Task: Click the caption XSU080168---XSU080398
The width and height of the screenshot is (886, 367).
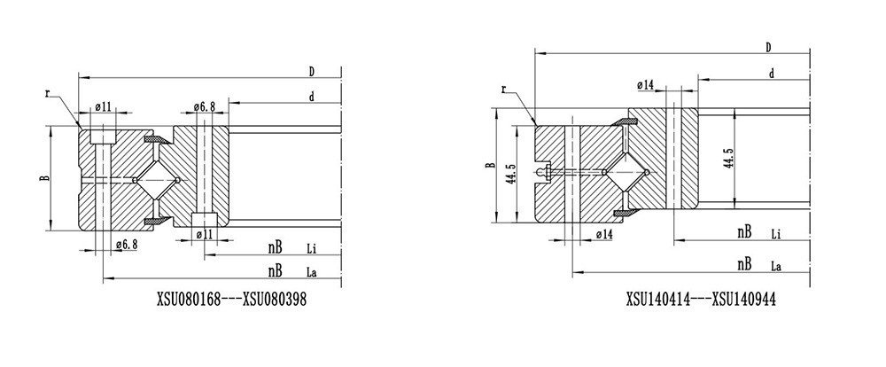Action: [x=231, y=299]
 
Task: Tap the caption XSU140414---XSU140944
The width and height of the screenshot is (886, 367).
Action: [x=701, y=299]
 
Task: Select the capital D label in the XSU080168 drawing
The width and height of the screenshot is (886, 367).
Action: [x=311, y=71]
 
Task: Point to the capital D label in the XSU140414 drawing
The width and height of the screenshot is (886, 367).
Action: [x=768, y=48]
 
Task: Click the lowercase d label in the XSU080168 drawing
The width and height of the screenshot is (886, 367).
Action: [x=311, y=98]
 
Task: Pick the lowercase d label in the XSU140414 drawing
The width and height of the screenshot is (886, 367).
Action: [x=772, y=74]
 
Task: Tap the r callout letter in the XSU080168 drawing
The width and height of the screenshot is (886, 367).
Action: [x=48, y=93]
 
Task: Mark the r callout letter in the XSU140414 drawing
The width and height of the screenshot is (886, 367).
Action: [x=503, y=89]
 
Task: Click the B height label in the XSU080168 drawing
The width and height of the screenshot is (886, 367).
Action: [x=44, y=177]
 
